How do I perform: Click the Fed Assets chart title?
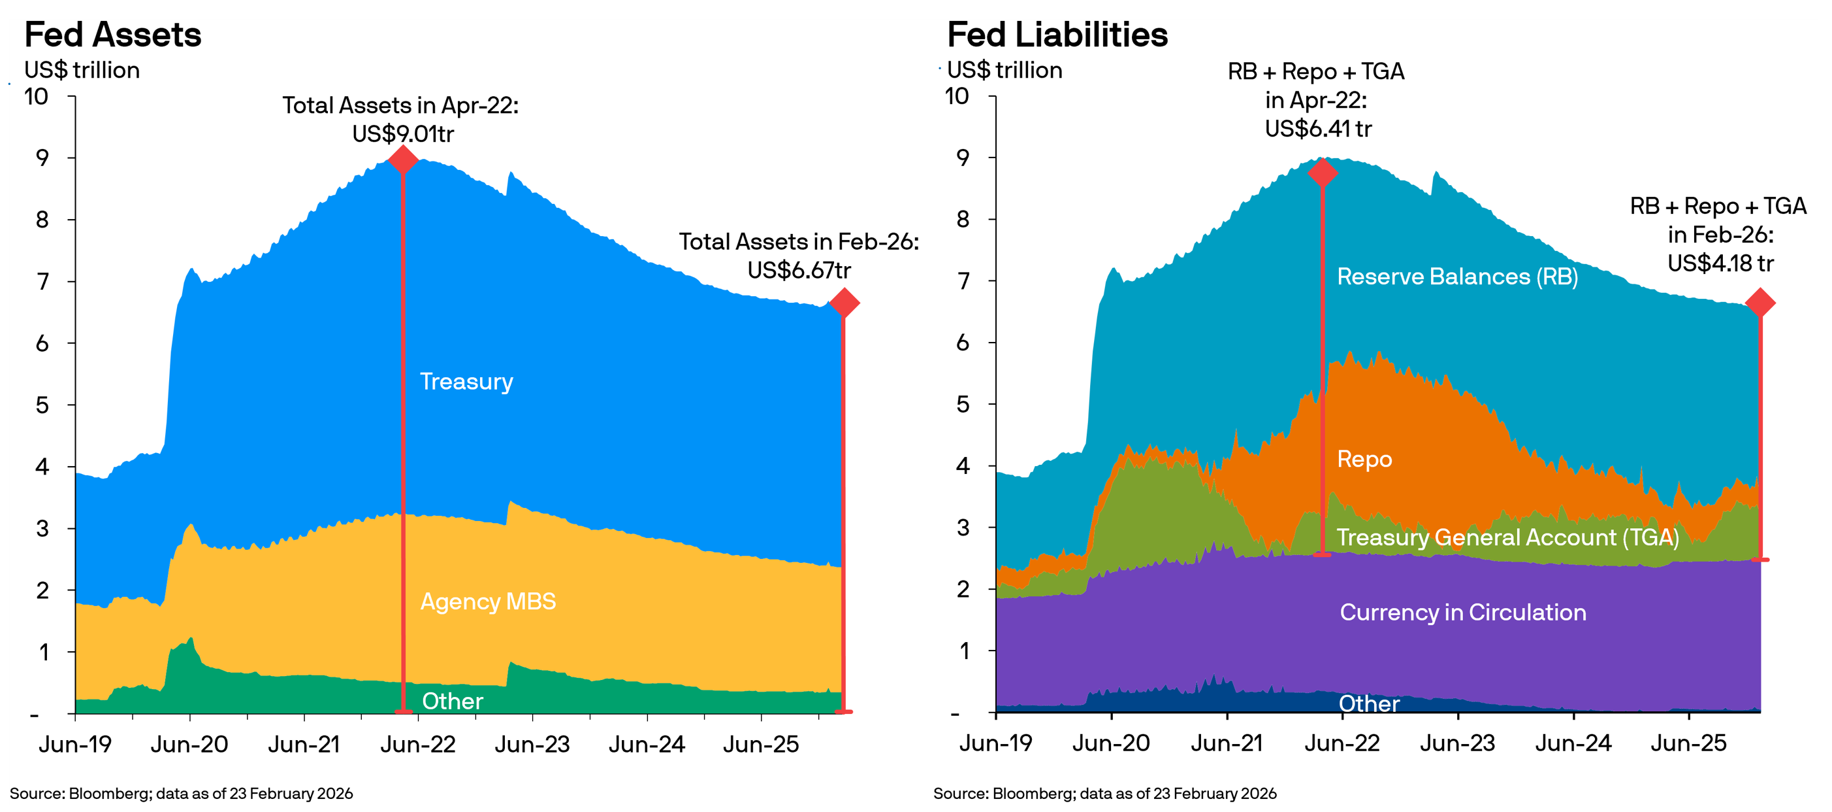pos(112,35)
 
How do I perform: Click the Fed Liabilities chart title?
pos(1057,35)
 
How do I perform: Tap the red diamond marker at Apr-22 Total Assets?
pos(403,160)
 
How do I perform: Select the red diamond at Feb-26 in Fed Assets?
pos(844,303)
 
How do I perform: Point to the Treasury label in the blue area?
pos(466,381)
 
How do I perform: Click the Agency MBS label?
pos(488,601)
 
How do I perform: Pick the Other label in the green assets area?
pos(453,701)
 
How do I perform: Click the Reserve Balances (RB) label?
pos(1457,276)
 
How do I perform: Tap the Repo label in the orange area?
pos(1364,459)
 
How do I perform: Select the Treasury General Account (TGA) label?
pos(1507,537)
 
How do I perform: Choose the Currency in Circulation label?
pos(1462,612)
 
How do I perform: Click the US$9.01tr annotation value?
pos(402,134)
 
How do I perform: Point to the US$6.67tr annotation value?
pos(799,271)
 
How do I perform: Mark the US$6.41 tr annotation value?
pos(1318,129)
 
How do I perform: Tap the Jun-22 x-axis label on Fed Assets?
pos(417,745)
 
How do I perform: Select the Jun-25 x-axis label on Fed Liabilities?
pos(1688,743)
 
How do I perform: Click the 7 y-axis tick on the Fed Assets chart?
pos(42,281)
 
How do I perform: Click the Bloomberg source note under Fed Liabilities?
pos(1104,794)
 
